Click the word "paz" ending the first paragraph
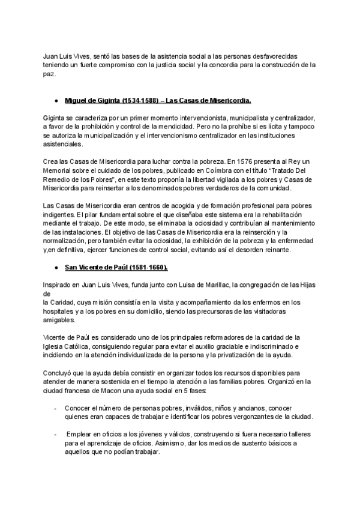[x=49, y=74]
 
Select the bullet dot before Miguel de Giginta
[x=56, y=101]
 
